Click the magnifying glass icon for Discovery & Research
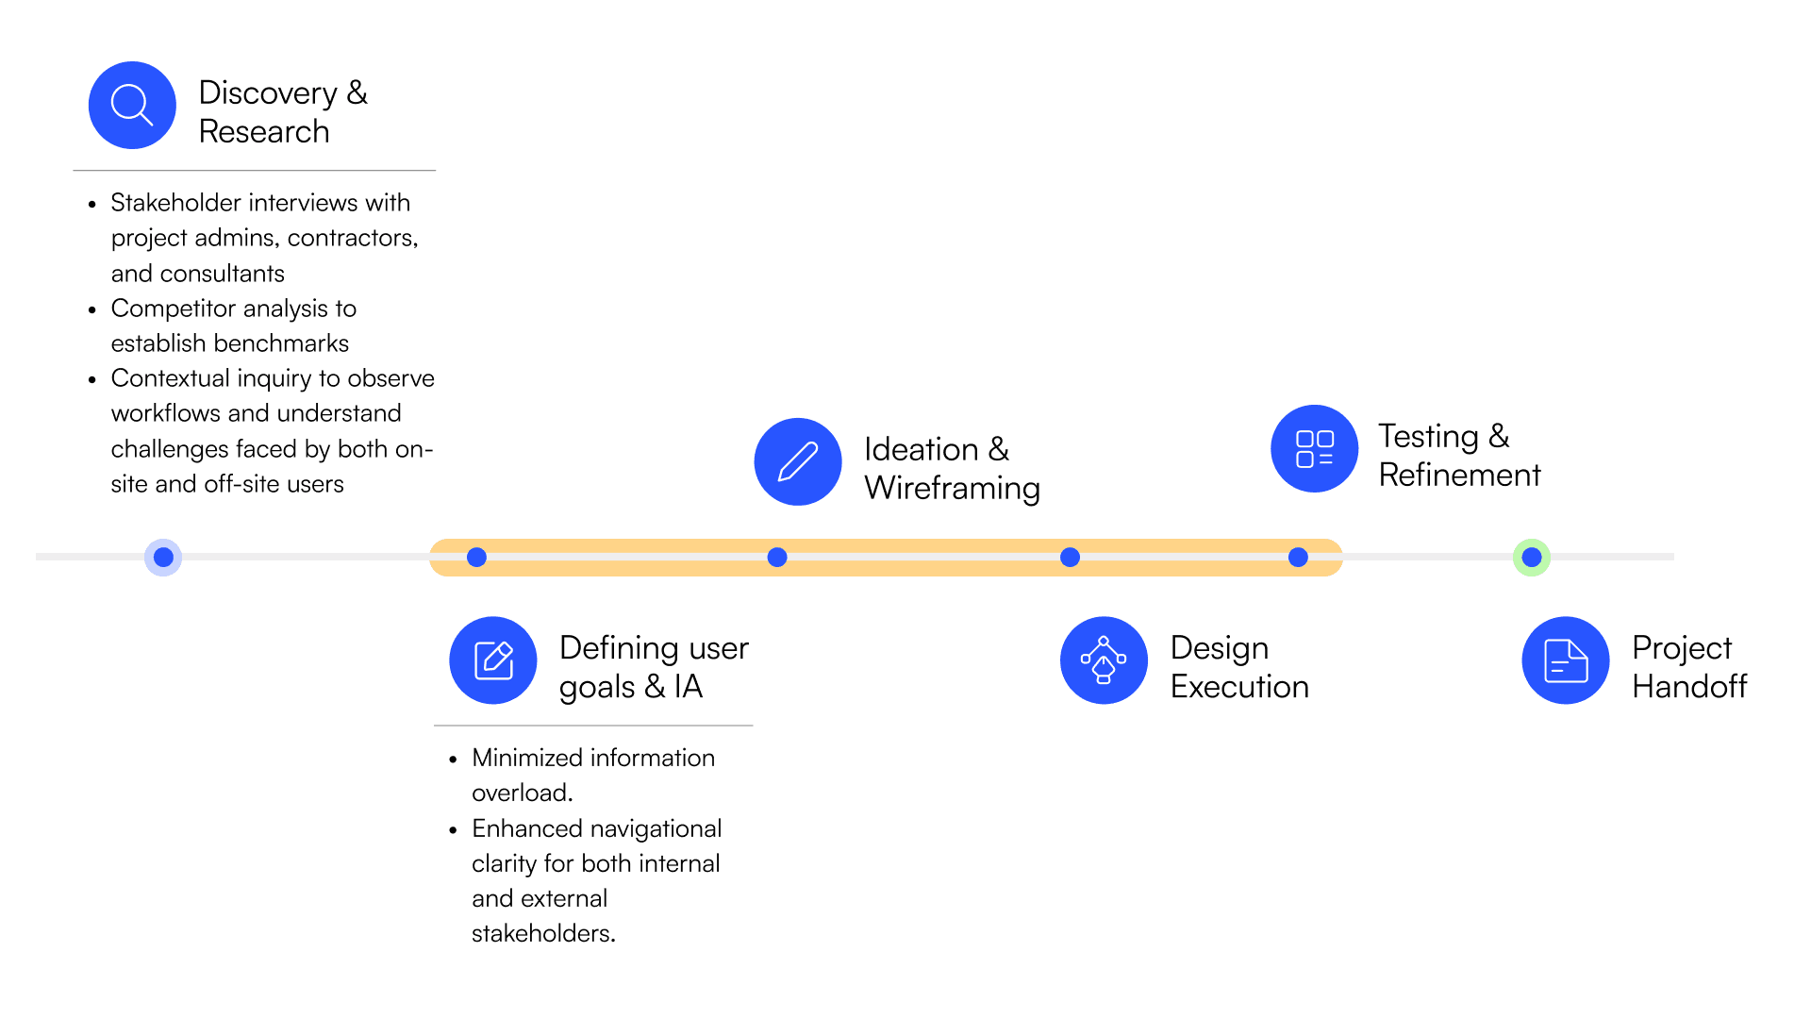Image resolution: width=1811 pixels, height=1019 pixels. coord(132,105)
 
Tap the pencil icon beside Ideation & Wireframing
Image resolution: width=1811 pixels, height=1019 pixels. coord(798,461)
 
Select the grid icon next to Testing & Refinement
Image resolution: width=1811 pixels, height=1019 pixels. coord(1314,448)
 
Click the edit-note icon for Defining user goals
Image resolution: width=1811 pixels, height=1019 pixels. coord(493,660)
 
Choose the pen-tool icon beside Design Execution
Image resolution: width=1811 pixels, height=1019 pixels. coord(1104,660)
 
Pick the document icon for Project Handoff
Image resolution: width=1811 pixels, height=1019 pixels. coord(1566,660)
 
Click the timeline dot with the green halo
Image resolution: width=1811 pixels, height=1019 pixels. coord(1532,558)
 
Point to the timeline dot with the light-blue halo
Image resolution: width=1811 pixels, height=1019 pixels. coord(163,558)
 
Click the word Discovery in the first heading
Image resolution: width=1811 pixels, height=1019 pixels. coord(268,92)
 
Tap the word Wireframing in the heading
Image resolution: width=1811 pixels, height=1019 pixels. coord(952,488)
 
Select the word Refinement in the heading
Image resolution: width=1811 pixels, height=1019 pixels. coord(1459,475)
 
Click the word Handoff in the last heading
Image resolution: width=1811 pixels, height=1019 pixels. coord(1689,686)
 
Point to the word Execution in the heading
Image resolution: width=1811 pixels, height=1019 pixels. coord(1239,686)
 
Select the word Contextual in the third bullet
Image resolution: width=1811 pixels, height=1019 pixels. coord(171,378)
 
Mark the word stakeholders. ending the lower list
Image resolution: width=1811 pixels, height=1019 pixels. coord(543,933)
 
